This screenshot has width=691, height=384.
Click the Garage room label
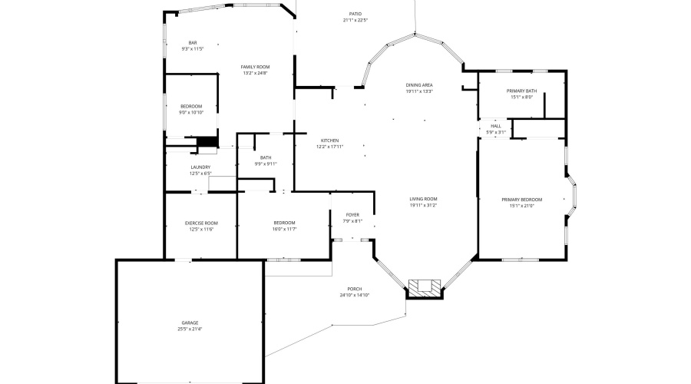190,323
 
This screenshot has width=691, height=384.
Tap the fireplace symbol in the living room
425,288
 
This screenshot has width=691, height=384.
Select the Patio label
355,14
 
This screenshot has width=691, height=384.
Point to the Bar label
193,42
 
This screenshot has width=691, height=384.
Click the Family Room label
256,67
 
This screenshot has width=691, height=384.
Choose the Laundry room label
200,167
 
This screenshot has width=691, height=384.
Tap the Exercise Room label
201,223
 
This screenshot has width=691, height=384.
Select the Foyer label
352,215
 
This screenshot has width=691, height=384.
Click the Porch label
355,289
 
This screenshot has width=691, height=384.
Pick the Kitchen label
329,141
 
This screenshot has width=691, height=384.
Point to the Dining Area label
419,84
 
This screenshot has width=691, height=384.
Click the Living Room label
423,199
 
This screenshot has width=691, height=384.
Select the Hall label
496,126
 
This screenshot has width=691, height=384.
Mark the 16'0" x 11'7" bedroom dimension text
284,229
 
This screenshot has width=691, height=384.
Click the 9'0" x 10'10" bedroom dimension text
191,112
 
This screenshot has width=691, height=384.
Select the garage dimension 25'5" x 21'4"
190,329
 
